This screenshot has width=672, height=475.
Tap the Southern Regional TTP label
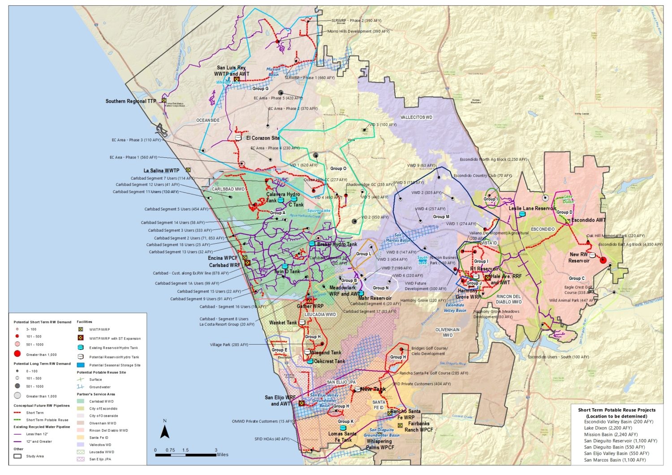point(131,101)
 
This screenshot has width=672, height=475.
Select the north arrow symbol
point(164,431)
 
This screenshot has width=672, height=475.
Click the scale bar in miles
point(185,455)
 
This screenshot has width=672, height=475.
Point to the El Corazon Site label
point(263,138)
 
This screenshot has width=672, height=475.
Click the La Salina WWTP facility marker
point(189,170)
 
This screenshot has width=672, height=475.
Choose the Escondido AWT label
point(589,220)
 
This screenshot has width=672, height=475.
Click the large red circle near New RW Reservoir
point(603,260)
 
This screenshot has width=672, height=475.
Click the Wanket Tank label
point(283,323)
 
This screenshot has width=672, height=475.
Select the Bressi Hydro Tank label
point(337,244)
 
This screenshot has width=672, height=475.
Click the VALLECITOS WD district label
point(416,117)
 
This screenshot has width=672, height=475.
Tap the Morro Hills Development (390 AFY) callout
point(358,31)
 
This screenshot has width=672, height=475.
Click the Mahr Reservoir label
point(375,298)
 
